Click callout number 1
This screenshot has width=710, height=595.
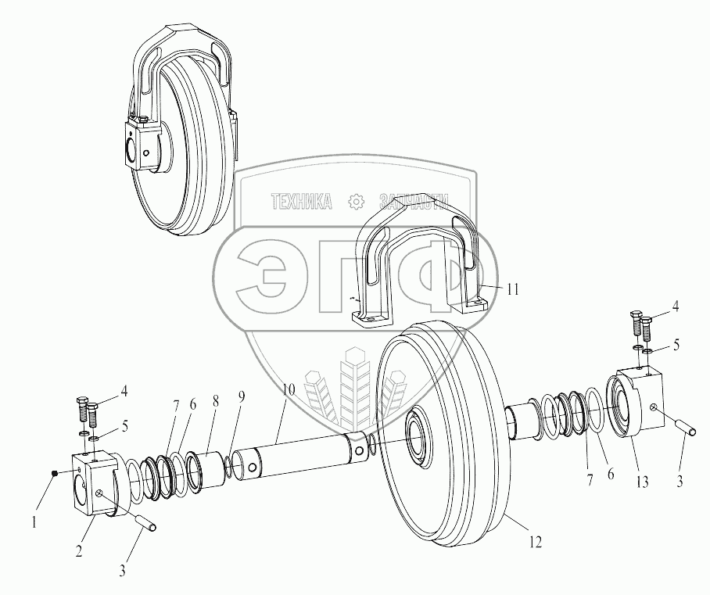tap(34, 523)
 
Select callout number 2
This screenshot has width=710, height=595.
tap(79, 550)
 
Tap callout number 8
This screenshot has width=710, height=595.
tap(216, 401)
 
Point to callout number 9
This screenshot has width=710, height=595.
tap(242, 397)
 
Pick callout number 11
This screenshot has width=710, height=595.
tap(513, 289)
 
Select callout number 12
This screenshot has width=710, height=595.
tap(535, 542)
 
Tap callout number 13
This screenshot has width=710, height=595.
tap(643, 482)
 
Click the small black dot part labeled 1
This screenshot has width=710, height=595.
tap(55, 473)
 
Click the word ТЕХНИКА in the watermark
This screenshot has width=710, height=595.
tap(302, 201)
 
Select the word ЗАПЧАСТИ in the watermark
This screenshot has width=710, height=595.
tap(414, 201)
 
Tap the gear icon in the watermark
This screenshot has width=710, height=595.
tap(356, 202)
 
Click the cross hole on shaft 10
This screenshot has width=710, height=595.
tap(360, 451)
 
